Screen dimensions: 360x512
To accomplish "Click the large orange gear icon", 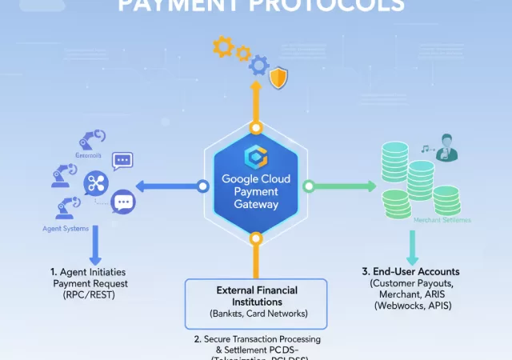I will pyautogui.click(x=223, y=46).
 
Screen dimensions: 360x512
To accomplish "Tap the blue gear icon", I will pyautogui.click(x=258, y=64).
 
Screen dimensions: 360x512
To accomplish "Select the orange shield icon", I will pyautogui.click(x=279, y=78).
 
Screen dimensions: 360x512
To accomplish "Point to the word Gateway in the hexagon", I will pyautogui.click(x=255, y=205).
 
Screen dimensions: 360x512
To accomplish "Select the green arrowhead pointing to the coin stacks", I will pyautogui.click(x=370, y=186).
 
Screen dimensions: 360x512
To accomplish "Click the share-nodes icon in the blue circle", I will pyautogui.click(x=96, y=184).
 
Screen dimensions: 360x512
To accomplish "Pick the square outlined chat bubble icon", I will pyautogui.click(x=122, y=161).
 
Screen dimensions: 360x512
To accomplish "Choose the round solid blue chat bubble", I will pyautogui.click(x=122, y=201).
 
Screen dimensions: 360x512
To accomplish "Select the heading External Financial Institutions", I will pyautogui.click(x=255, y=296).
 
